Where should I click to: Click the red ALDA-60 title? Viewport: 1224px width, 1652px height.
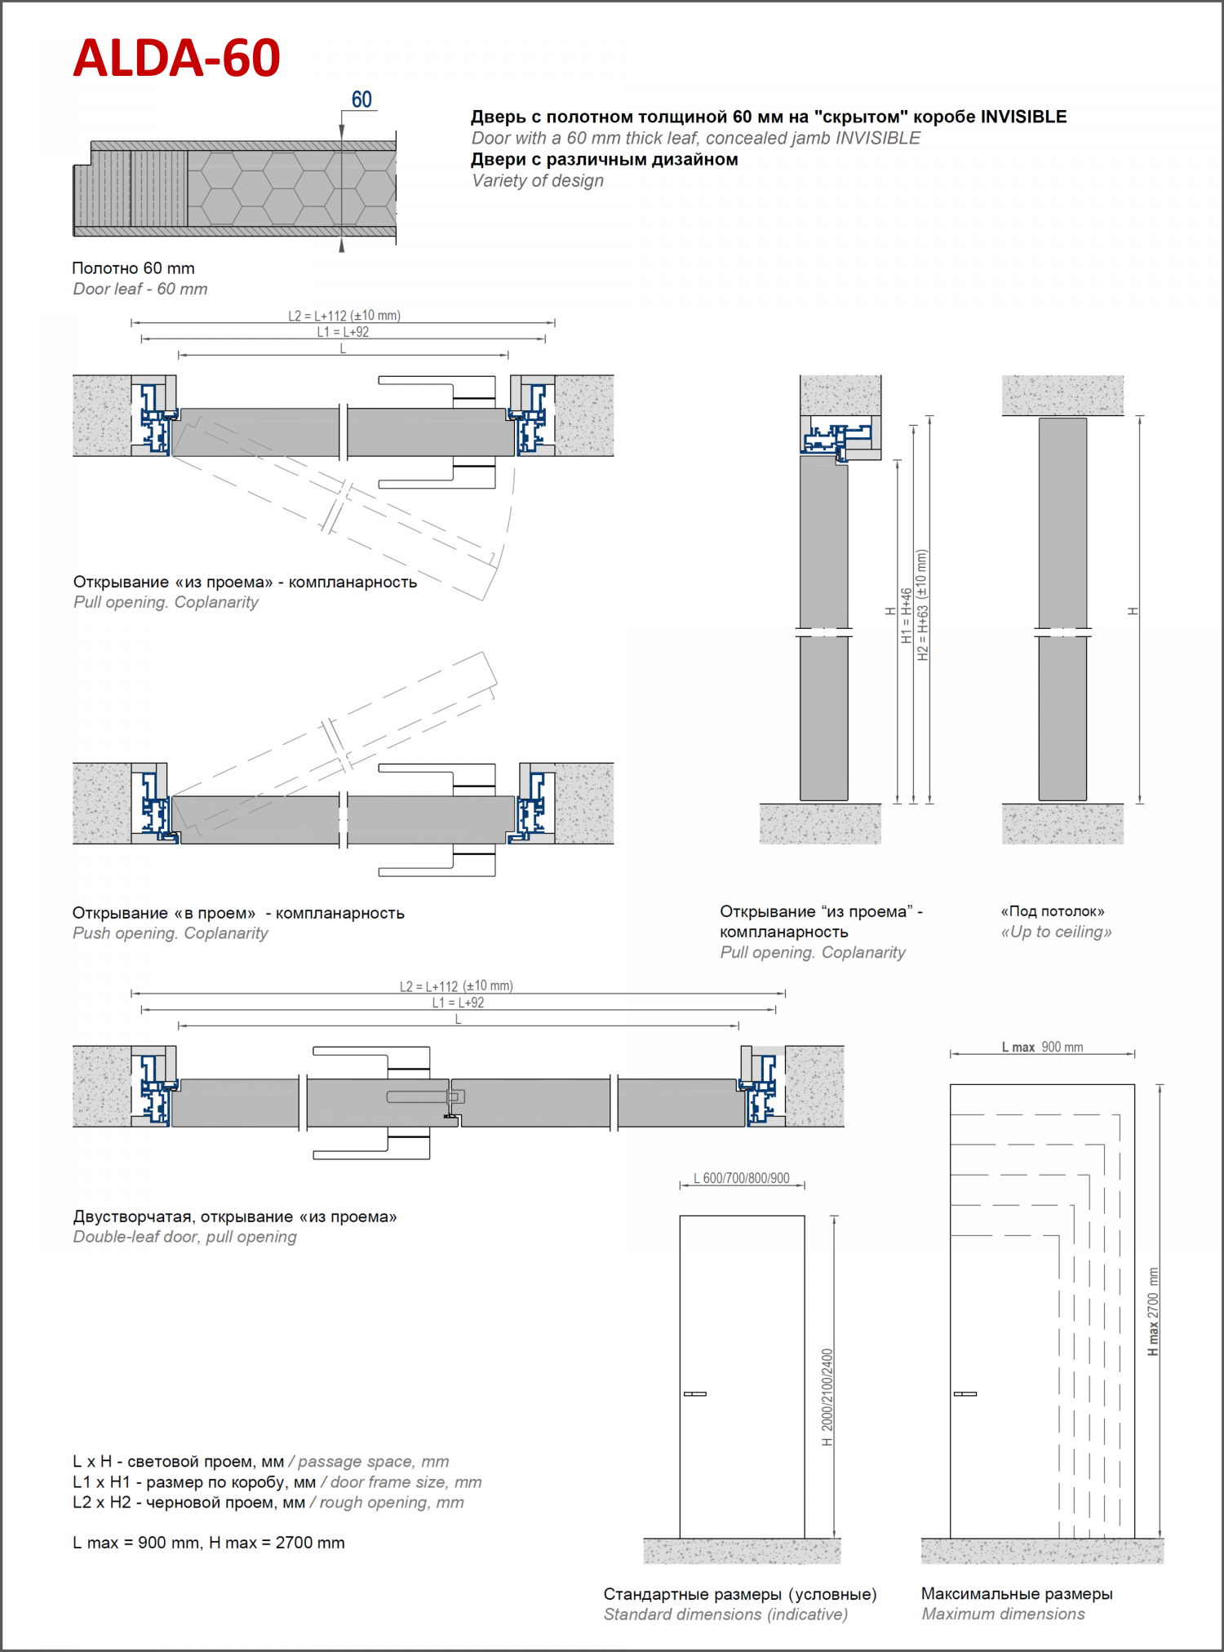tap(176, 58)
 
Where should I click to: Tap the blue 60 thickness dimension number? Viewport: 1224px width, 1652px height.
tap(361, 100)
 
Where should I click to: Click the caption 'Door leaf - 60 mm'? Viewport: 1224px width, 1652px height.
tap(140, 289)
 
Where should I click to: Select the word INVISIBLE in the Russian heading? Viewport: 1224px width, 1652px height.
tap(1023, 117)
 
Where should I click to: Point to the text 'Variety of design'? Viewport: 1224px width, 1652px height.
tap(538, 180)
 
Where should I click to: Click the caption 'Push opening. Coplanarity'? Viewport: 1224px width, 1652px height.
tap(170, 932)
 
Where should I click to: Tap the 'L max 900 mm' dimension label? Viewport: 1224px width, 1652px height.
tap(1042, 1047)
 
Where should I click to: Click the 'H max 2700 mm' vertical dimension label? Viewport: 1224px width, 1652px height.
tap(1153, 1311)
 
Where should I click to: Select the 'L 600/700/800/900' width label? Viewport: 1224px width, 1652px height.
tap(741, 1178)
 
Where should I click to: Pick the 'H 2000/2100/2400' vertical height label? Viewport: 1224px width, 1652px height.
tap(827, 1397)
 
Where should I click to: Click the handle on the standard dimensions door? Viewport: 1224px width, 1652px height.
tap(695, 1393)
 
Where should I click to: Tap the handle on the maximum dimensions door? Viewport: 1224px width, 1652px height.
tap(965, 1393)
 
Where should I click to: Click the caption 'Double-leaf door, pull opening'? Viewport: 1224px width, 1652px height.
tap(184, 1237)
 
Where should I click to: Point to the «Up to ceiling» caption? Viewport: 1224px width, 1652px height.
tap(1056, 932)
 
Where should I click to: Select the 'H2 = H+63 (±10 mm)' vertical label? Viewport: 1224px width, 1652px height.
tap(923, 605)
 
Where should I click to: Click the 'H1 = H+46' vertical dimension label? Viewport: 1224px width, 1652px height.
tap(907, 616)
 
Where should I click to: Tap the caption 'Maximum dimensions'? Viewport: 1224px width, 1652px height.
tap(1003, 1614)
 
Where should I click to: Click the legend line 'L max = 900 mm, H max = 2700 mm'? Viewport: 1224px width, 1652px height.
tap(208, 1543)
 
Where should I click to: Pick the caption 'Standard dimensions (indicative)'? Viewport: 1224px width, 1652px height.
tap(725, 1614)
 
